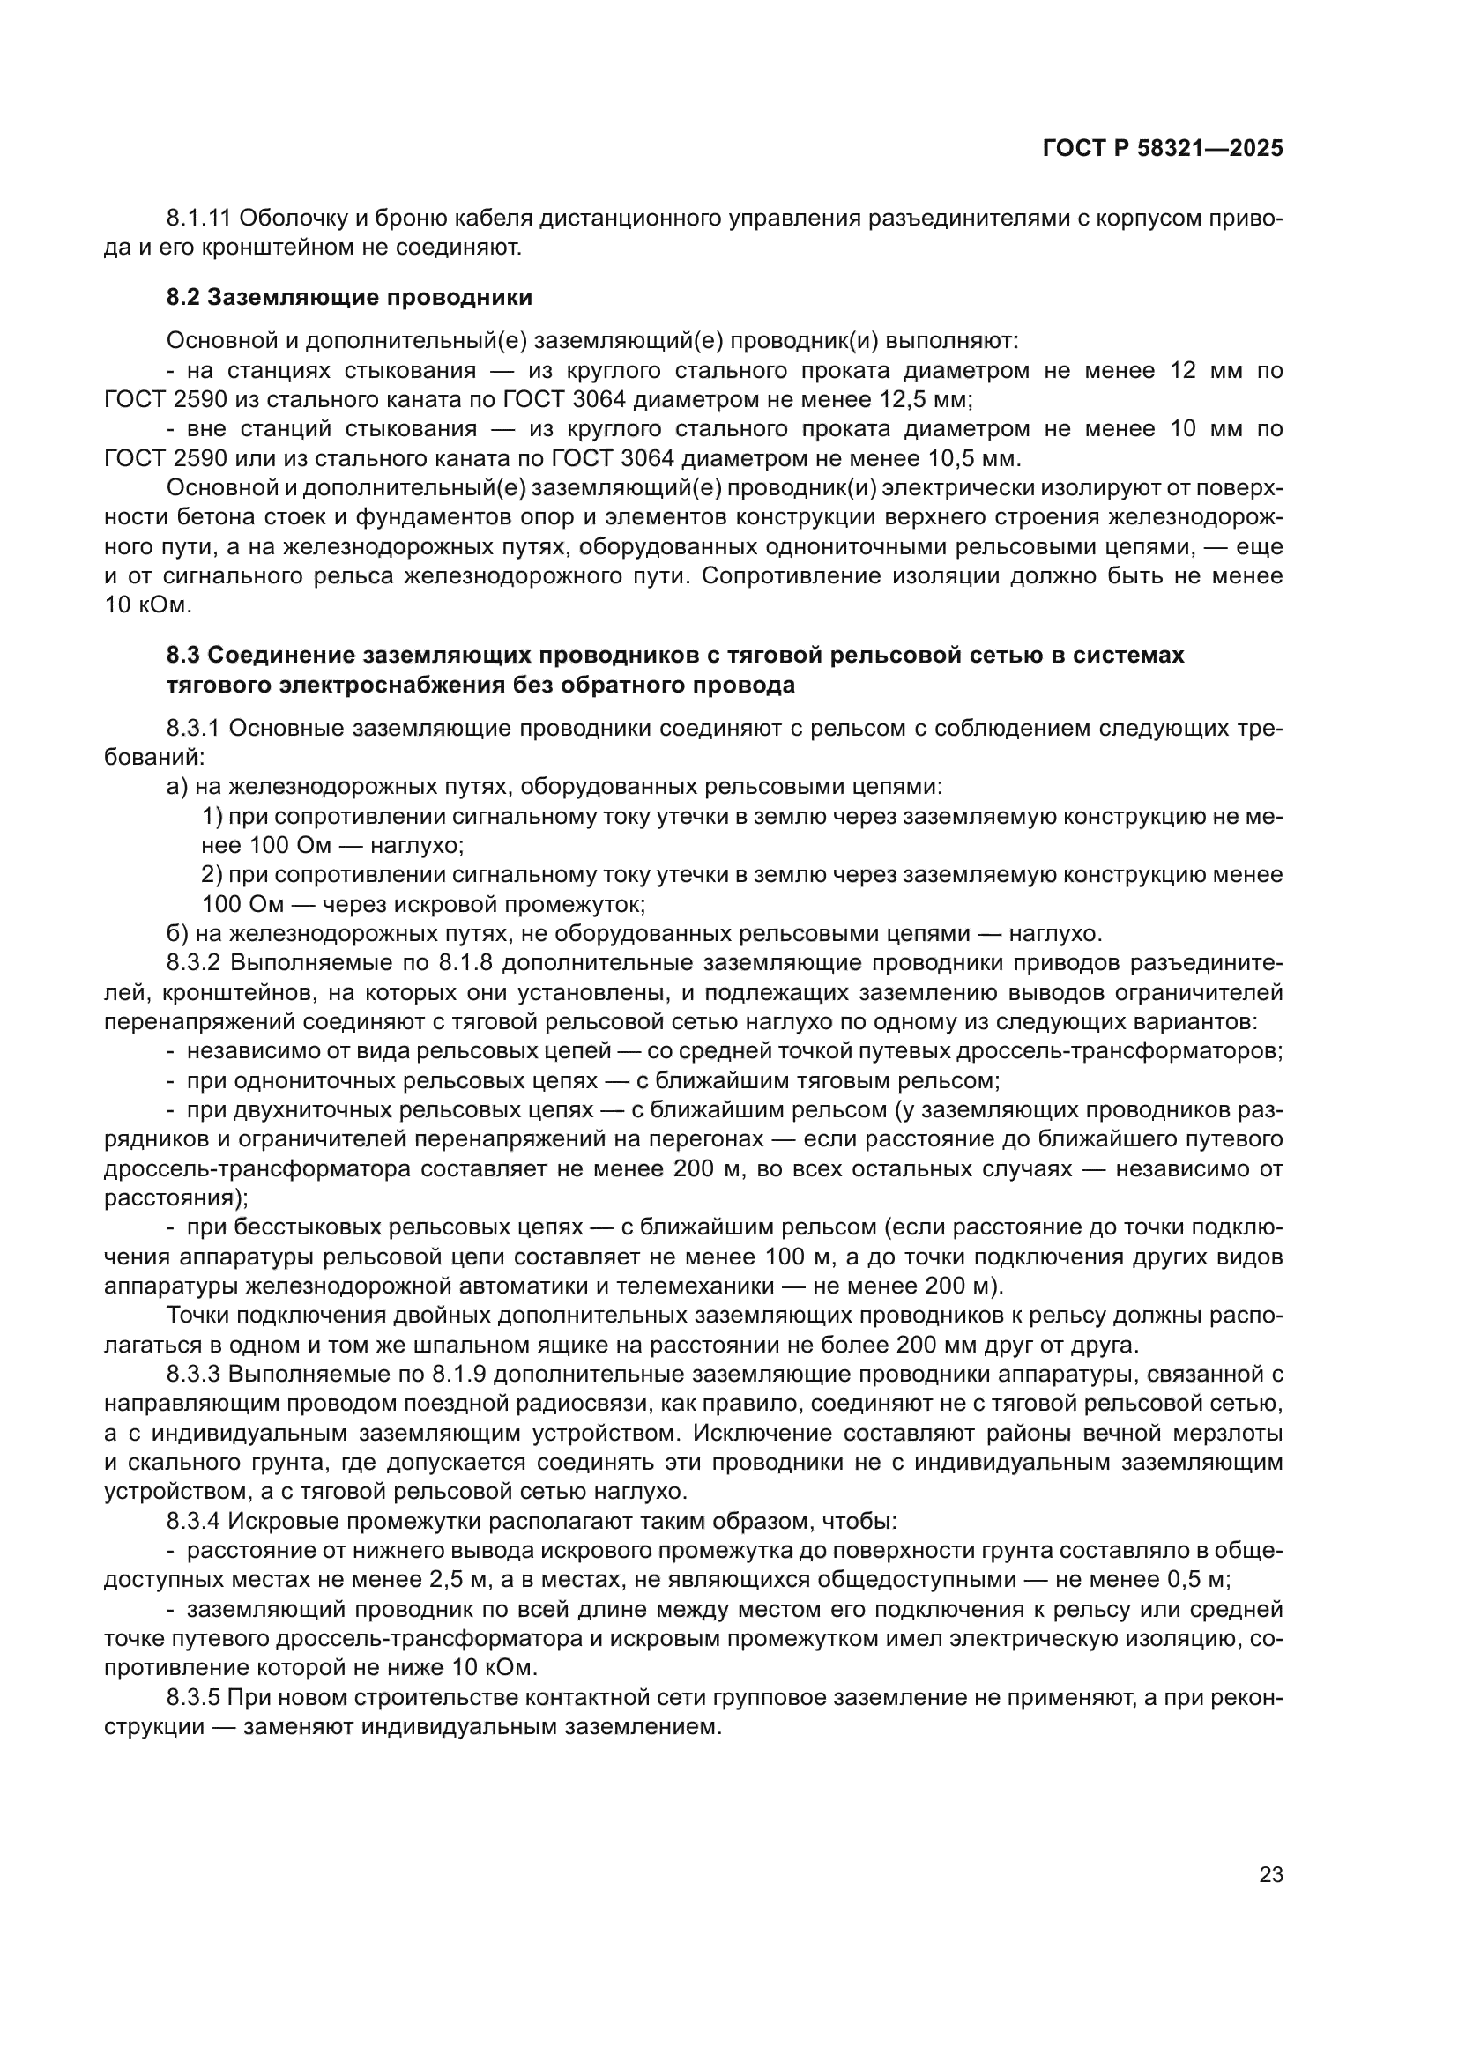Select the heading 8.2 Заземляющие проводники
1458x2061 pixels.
(x=348, y=297)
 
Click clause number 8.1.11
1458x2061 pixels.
(x=198, y=219)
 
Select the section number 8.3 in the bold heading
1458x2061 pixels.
(x=183, y=656)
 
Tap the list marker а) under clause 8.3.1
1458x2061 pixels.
(x=177, y=786)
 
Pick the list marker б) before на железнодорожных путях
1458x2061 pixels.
(x=177, y=933)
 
